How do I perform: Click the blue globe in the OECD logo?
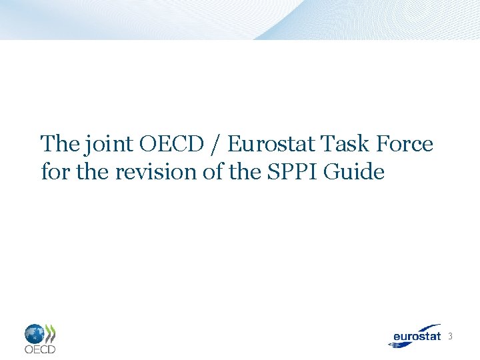point(35,333)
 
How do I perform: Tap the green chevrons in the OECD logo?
point(50,333)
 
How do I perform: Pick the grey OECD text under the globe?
point(40,349)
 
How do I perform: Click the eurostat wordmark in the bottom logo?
point(417,337)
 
